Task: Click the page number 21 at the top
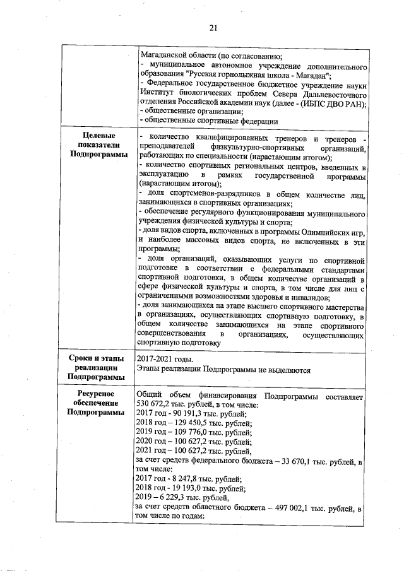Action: (213, 26)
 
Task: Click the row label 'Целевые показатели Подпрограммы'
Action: (98, 144)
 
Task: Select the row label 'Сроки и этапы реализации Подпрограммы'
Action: (98, 367)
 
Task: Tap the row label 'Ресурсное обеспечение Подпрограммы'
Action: (98, 403)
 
